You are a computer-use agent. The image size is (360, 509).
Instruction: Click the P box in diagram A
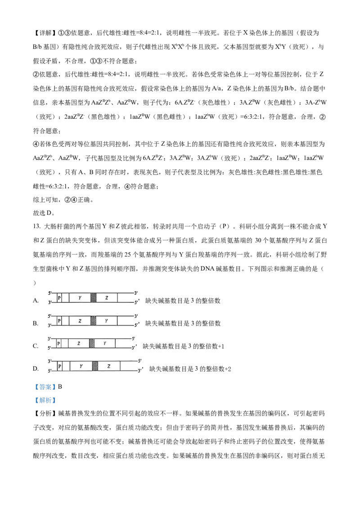pyautogui.click(x=59, y=298)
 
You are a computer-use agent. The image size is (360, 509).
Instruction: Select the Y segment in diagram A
pyautogui.click(x=80, y=298)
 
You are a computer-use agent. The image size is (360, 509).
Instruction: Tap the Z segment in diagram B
pyautogui.click(x=80, y=321)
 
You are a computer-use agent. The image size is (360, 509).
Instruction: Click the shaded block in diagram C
pyautogui.click(x=92, y=343)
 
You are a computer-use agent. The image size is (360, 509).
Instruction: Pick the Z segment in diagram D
pyautogui.click(x=109, y=366)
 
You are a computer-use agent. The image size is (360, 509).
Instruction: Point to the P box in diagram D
pyautogui.click(x=60, y=366)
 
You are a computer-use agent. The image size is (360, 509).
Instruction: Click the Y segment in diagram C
pyautogui.click(x=104, y=343)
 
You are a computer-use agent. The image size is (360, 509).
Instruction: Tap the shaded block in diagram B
pyautogui.click(x=94, y=321)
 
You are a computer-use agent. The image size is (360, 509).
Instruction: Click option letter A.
pyautogui.click(x=36, y=301)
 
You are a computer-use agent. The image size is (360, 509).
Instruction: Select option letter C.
pyautogui.click(x=36, y=346)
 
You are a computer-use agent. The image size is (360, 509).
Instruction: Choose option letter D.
pyautogui.click(x=36, y=369)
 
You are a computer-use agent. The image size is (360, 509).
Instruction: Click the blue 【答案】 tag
pyautogui.click(x=45, y=387)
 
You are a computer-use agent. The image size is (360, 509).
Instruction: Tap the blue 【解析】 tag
pyautogui.click(x=45, y=400)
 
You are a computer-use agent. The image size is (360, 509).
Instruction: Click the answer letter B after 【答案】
pyautogui.click(x=60, y=387)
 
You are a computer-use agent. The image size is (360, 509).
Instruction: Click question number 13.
pyautogui.click(x=37, y=227)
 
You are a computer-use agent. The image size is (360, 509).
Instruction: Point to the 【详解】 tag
pyautogui.click(x=45, y=33)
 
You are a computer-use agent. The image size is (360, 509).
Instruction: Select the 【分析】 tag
pyautogui.click(x=45, y=413)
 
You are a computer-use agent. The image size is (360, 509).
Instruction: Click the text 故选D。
pyautogui.click(x=44, y=213)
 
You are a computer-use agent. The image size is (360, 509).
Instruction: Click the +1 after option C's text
pyautogui.click(x=221, y=346)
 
